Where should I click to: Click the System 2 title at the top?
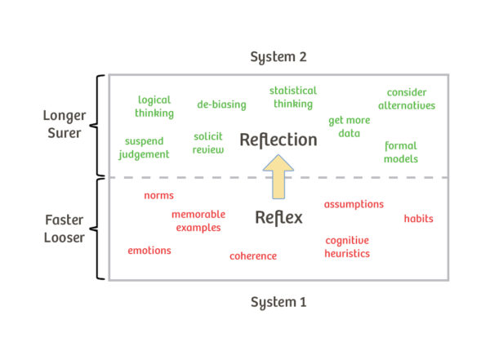click(x=278, y=57)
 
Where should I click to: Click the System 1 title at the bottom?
click(x=278, y=302)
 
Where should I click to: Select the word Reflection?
click(x=278, y=140)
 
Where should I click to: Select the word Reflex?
click(x=278, y=217)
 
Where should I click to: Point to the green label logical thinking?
click(x=154, y=107)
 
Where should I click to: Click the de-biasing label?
click(x=221, y=104)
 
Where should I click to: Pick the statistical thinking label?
click(x=292, y=97)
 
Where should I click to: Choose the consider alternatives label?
click(x=407, y=99)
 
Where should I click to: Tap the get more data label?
click(x=349, y=127)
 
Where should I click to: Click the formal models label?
click(x=401, y=153)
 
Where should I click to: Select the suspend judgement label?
click(x=144, y=148)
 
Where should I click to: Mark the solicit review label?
click(x=208, y=143)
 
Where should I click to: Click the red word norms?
click(x=158, y=195)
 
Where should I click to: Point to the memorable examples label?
click(x=198, y=220)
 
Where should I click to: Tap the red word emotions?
click(x=149, y=251)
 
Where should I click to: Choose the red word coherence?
click(x=252, y=256)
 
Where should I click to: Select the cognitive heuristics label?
click(x=347, y=247)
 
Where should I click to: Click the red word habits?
click(x=418, y=219)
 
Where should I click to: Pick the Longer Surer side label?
click(x=63, y=124)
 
